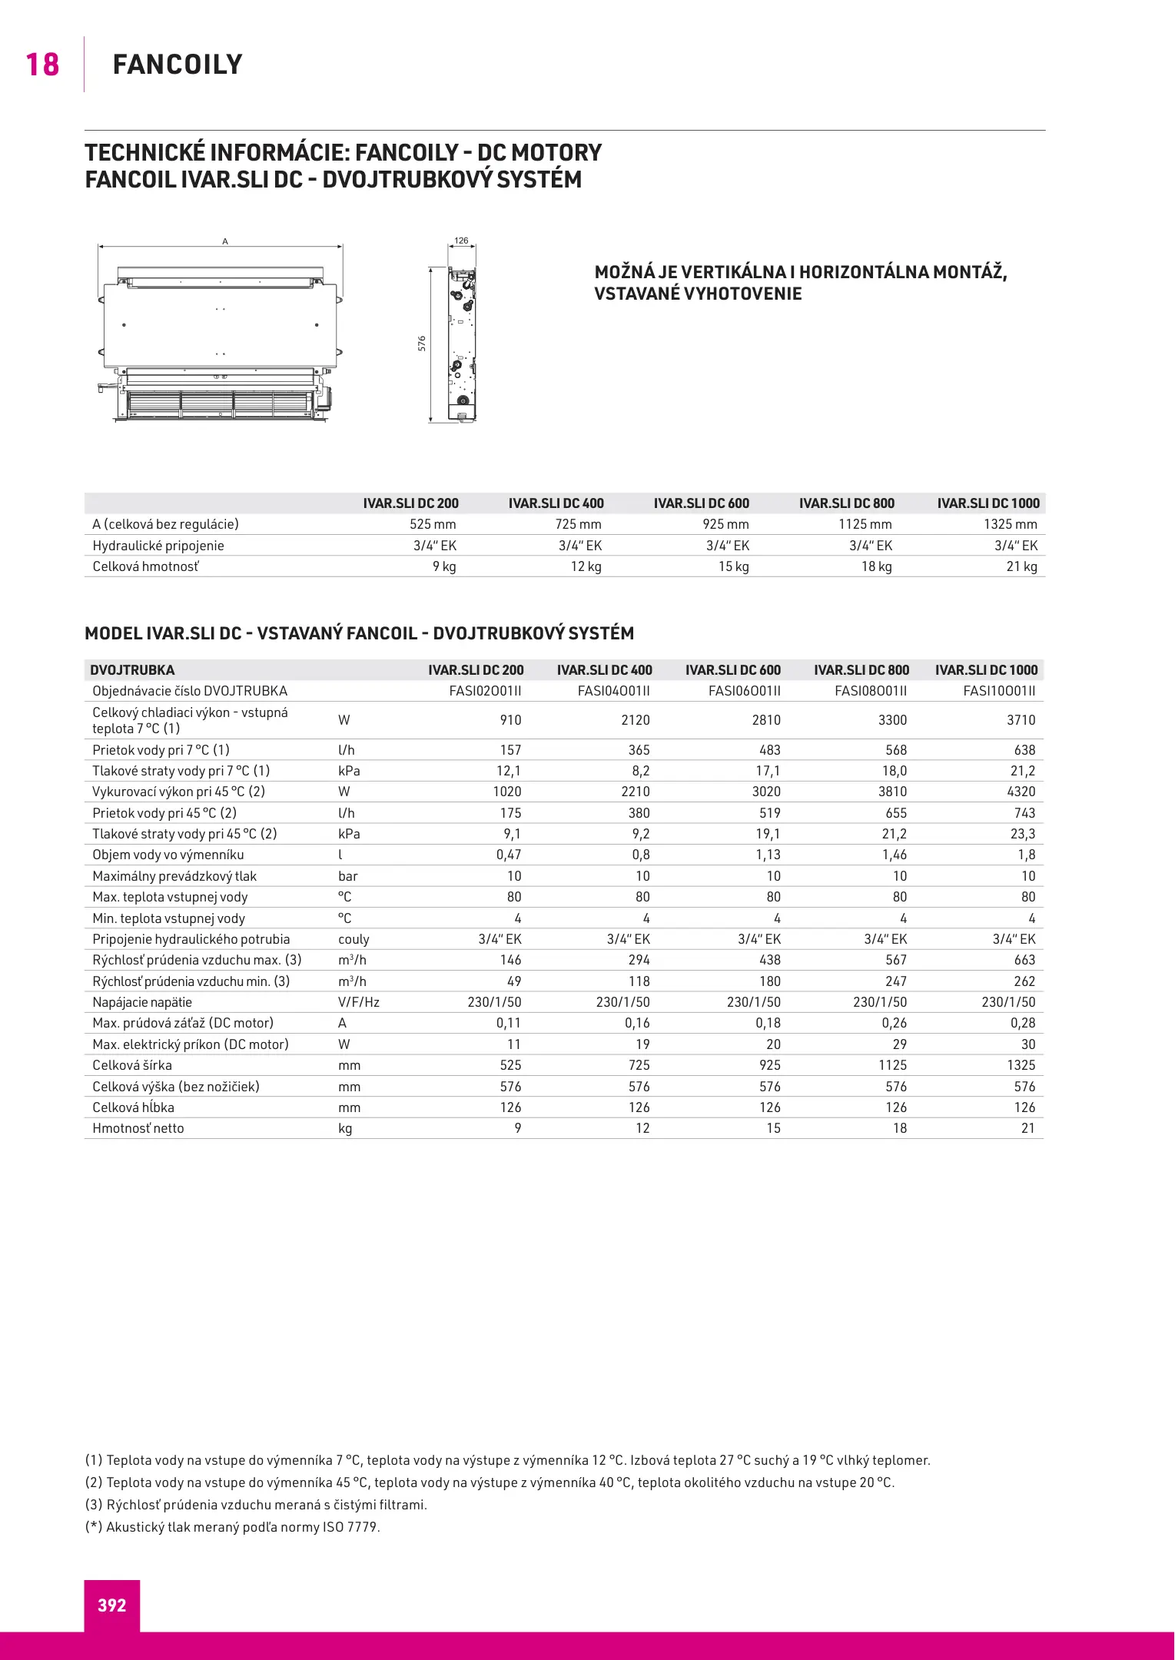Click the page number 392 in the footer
pyautogui.click(x=111, y=1605)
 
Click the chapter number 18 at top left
pyautogui.click(x=42, y=65)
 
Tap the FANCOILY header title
pyautogui.click(x=178, y=65)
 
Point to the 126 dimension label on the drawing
pyautogui.click(x=461, y=241)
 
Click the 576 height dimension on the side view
pyautogui.click(x=422, y=344)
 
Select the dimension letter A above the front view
pyautogui.click(x=225, y=241)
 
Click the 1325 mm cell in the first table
pyautogui.click(x=1010, y=524)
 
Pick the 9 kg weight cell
pyautogui.click(x=443, y=566)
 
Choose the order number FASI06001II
pyautogui.click(x=744, y=691)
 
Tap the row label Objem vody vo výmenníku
pyautogui.click(x=168, y=855)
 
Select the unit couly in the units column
pyautogui.click(x=353, y=939)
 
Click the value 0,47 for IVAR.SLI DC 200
pyautogui.click(x=509, y=855)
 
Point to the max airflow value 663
pyautogui.click(x=1024, y=960)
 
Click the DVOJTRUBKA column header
pyautogui.click(x=132, y=670)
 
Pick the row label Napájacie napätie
pyautogui.click(x=142, y=1002)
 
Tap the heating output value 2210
pyautogui.click(x=635, y=792)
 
